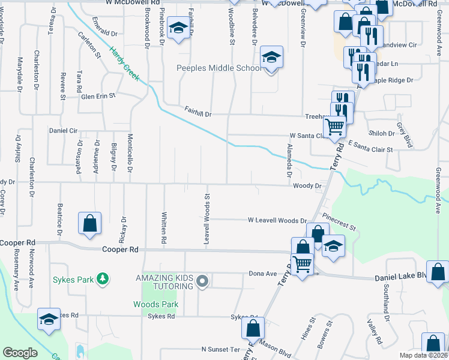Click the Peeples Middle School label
[218, 68]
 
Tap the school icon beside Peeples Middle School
[271, 58]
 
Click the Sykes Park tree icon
[103, 278]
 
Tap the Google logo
[20, 353]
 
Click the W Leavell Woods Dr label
[277, 221]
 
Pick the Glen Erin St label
[98, 95]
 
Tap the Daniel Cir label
[63, 130]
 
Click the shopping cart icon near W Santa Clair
[334, 126]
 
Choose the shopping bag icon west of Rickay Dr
[89, 223]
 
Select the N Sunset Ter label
[220, 349]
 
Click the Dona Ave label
[262, 274]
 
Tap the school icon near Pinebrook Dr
[178, 28]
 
